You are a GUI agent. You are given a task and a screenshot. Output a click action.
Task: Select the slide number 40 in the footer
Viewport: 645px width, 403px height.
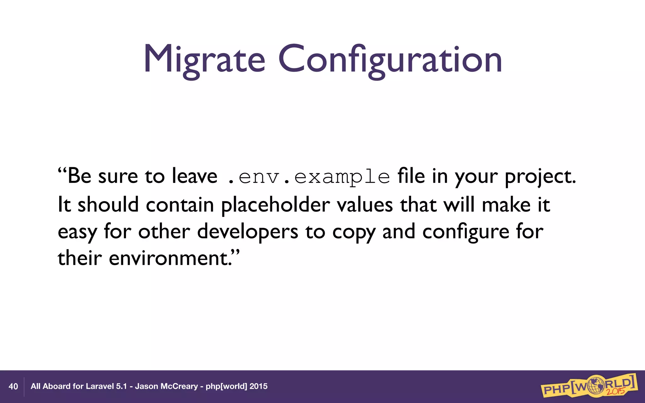(x=13, y=387)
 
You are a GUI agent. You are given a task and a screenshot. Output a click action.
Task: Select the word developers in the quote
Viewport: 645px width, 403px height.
(x=248, y=232)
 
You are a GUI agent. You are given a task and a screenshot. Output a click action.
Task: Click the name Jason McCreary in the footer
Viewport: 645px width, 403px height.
(x=166, y=386)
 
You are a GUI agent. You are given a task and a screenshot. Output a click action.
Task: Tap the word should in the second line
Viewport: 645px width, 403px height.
(x=108, y=205)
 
